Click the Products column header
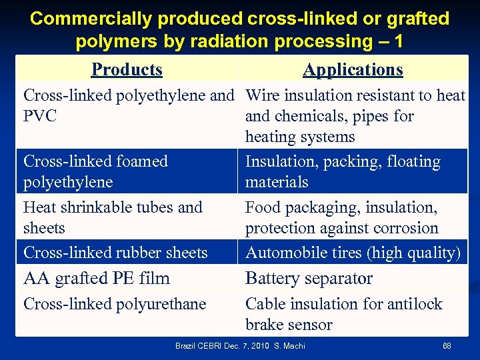[127, 69]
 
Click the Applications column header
[353, 69]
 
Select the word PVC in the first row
[40, 116]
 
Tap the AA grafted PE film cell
[97, 278]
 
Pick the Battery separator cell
[309, 278]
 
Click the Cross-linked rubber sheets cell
[115, 253]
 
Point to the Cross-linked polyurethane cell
[115, 304]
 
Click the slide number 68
[447, 346]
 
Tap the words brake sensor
[289, 325]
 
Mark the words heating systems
[300, 137]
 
